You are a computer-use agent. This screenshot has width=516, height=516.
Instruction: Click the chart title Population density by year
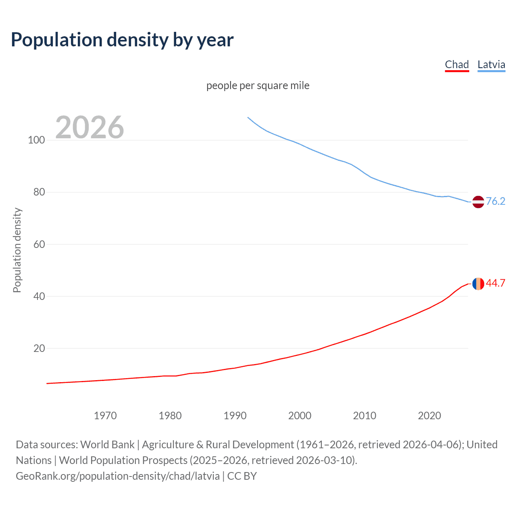[122, 40]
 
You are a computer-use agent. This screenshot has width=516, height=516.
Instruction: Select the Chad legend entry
[457, 64]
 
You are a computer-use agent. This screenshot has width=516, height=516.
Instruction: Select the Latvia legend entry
[491, 64]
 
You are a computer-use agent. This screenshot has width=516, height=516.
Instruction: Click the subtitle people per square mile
[258, 85]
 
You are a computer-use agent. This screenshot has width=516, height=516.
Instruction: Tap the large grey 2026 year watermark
[89, 127]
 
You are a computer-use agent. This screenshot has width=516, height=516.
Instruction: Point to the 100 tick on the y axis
[36, 140]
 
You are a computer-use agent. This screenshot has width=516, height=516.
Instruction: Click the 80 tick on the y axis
[39, 192]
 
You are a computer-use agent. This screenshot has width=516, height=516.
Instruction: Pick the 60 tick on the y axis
[39, 244]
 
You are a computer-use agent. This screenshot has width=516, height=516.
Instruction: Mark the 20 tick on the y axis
[39, 348]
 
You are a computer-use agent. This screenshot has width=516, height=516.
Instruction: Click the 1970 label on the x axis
[105, 416]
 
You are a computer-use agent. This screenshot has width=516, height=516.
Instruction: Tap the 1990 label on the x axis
[235, 416]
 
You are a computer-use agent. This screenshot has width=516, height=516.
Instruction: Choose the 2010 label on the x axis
[364, 416]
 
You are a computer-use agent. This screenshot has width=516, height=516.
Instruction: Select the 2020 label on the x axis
[429, 416]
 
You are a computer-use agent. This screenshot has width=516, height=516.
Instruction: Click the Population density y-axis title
[17, 250]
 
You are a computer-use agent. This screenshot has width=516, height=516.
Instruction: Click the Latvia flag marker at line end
[478, 202]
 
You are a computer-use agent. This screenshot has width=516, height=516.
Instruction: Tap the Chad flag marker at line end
[478, 283]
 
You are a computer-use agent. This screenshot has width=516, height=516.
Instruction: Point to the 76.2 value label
[495, 201]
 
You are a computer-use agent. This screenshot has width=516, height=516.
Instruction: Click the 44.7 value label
[495, 283]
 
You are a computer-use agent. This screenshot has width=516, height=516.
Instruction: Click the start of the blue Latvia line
[248, 118]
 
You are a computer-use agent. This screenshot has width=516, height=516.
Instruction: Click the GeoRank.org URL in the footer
[118, 476]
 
